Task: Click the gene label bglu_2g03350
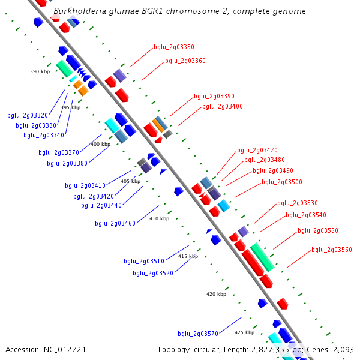(173, 47)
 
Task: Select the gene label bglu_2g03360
(185, 61)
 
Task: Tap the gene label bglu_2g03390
(214, 96)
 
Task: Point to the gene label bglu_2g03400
(222, 106)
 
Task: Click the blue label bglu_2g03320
(28, 115)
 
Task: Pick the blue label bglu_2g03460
(115, 223)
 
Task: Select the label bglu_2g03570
(197, 334)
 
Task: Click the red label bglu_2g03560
(331, 250)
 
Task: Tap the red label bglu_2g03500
(281, 182)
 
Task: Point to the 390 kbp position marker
(40, 71)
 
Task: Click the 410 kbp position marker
(159, 218)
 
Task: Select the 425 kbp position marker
(244, 332)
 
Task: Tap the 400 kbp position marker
(100, 144)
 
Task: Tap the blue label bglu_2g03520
(153, 273)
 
